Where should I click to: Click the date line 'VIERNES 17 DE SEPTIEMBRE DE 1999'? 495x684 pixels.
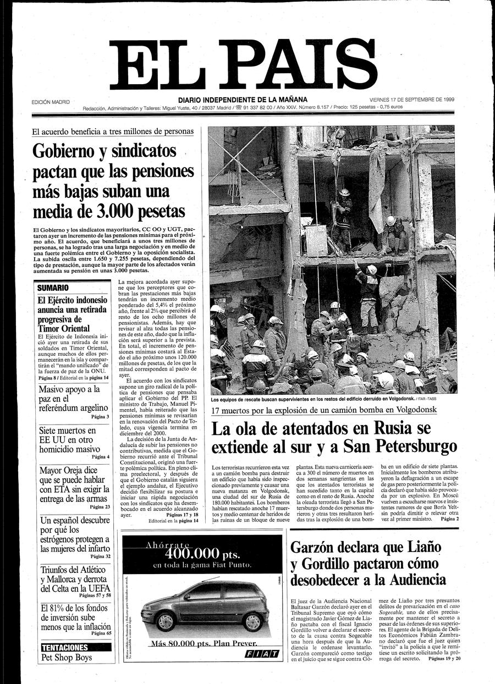pyautogui.click(x=411, y=100)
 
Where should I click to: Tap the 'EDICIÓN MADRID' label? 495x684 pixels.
pyautogui.click(x=54, y=102)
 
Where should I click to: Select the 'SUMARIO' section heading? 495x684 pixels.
pyautogui.click(x=53, y=288)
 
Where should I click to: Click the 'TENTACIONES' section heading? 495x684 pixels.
pyautogui.click(x=65, y=647)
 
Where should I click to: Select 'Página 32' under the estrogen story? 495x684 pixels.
pyautogui.click(x=100, y=556)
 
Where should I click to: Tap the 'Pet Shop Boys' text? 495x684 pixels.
pyautogui.click(x=64, y=658)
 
